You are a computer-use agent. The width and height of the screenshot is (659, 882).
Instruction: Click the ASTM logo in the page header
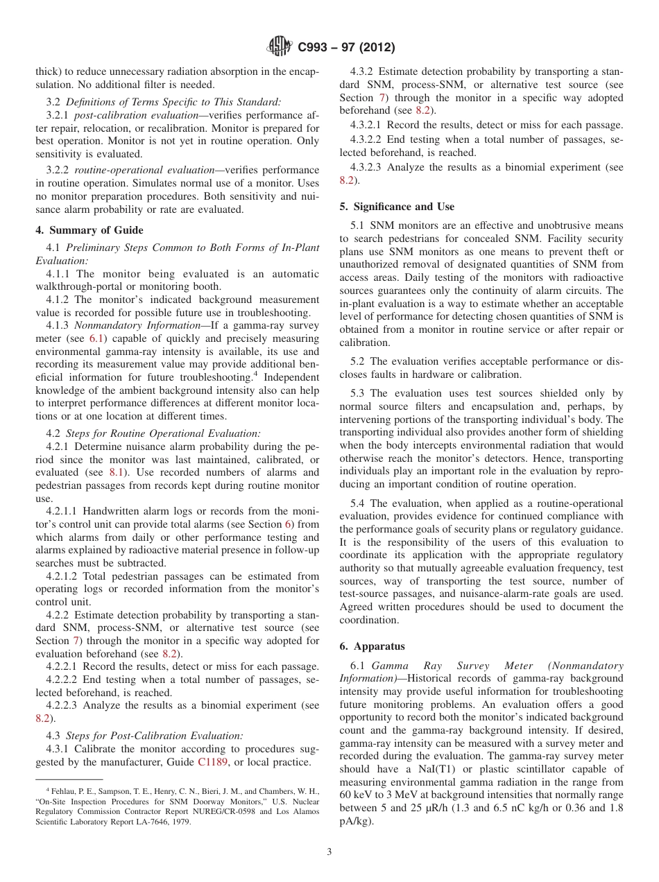280,47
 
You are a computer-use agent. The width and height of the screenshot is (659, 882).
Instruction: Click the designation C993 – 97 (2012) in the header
346,48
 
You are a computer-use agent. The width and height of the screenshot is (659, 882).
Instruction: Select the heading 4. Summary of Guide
89,230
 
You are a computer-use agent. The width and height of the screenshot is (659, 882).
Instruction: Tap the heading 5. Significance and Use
397,207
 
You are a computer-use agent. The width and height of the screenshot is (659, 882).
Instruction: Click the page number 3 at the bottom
329,852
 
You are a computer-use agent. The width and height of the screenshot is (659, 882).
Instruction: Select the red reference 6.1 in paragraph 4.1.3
96,338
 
